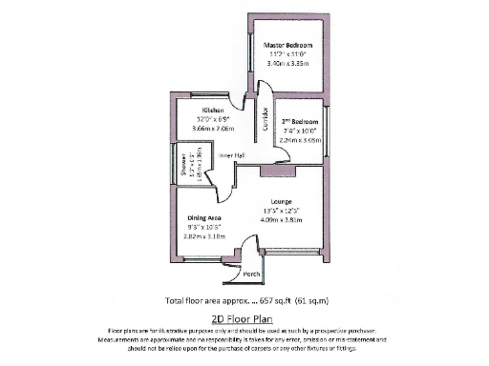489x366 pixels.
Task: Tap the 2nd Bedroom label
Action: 299,122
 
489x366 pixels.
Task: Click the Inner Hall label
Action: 233,155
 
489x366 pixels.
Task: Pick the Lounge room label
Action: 279,199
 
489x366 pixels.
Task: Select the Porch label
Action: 252,274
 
